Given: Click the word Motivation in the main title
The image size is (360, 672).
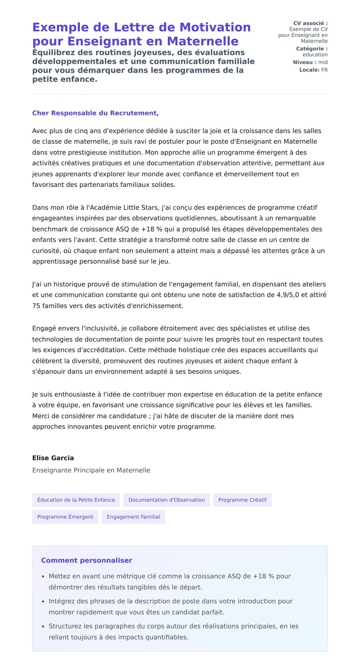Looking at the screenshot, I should tap(215, 27).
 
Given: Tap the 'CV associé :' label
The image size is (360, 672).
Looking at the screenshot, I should tap(310, 23).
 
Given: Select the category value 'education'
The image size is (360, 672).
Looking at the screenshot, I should tap(315, 55).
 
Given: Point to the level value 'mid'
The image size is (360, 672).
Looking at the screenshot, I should tap(323, 62).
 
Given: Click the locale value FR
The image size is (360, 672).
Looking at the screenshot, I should tap(324, 70).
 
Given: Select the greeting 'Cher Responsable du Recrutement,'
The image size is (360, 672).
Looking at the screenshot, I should tap(95, 113).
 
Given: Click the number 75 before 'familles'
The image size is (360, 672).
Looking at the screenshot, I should tap(36, 306).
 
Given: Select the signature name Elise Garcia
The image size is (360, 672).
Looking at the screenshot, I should tap(53, 458).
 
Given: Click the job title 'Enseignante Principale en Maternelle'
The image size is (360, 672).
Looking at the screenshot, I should tap(91, 470).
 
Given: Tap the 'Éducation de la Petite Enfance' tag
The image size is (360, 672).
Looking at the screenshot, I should tap(76, 500).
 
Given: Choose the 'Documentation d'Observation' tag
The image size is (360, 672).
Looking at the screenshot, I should tap(166, 500).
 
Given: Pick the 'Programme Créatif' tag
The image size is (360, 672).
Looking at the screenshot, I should tap(242, 500).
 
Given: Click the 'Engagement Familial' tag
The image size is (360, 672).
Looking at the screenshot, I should tap(133, 517).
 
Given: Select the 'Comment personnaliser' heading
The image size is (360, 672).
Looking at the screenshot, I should tap(86, 560).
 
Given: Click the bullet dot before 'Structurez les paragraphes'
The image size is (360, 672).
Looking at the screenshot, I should tap(43, 627).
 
